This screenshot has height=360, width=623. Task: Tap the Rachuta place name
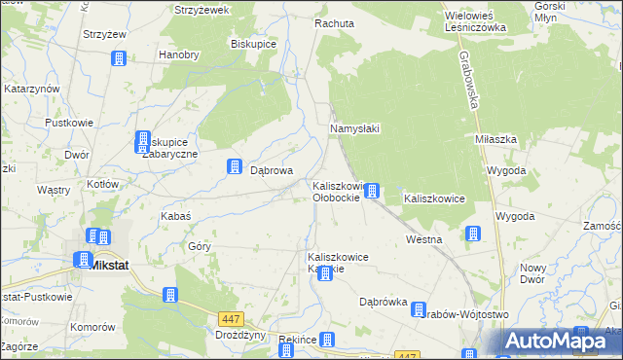tap(333, 22)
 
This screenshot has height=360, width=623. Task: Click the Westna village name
tap(424, 238)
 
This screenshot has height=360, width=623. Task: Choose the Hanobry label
tap(178, 54)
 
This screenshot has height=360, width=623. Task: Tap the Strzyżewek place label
tap(202, 10)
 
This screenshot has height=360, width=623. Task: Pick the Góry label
tap(200, 246)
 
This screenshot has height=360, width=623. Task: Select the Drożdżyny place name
tap(240, 334)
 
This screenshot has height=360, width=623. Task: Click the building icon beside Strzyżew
tap(119, 58)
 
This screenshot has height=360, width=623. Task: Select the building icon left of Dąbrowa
tap(235, 167)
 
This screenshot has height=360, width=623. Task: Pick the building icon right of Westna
tap(472, 234)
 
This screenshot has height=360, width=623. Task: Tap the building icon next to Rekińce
tap(327, 340)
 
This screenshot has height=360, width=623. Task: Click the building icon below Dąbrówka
tap(420, 309)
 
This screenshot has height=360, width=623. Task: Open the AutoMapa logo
tap(561, 341)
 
